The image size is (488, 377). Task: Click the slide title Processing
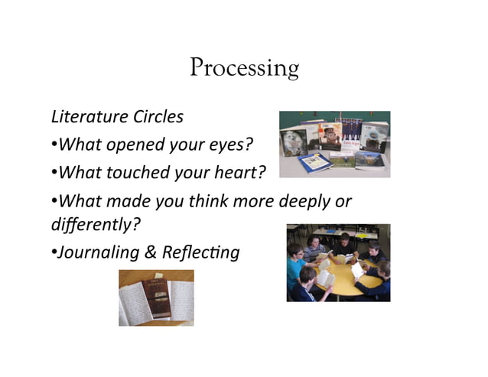click(x=244, y=68)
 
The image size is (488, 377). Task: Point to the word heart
click(x=239, y=174)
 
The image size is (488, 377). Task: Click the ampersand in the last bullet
click(x=147, y=252)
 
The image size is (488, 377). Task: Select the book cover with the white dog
click(x=292, y=141)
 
